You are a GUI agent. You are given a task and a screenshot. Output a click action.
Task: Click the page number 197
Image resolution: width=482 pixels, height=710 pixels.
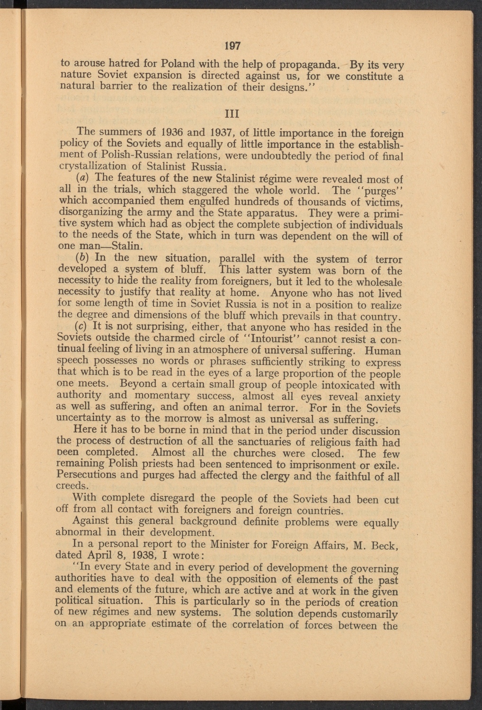point(233,46)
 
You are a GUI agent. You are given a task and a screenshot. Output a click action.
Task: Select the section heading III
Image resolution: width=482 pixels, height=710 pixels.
point(233,114)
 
